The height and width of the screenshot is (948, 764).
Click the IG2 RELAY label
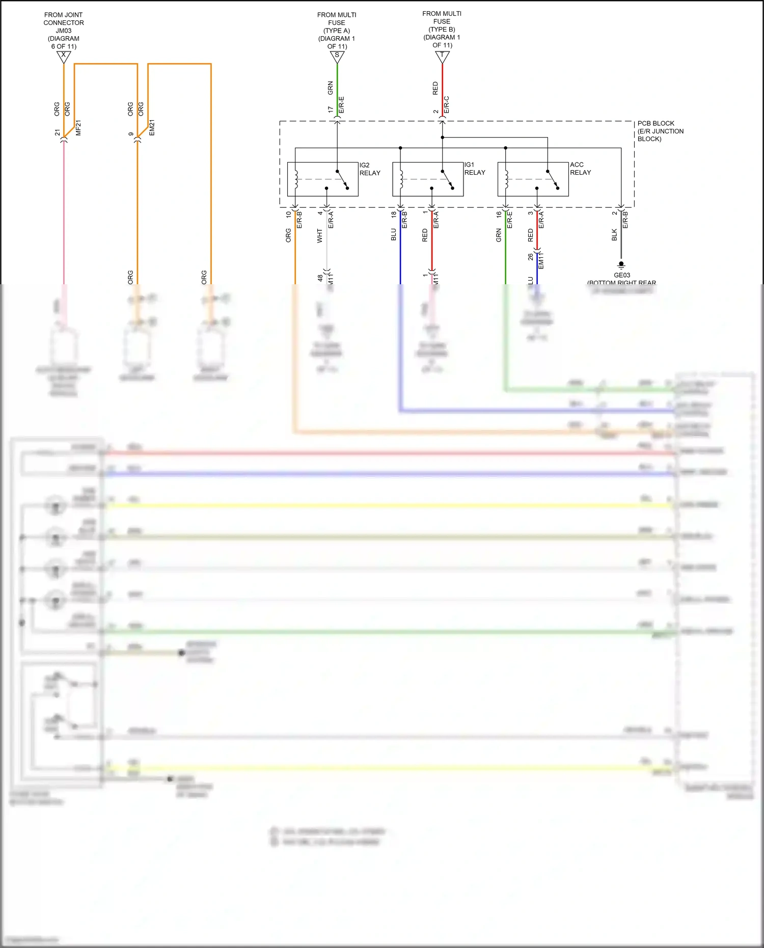(x=370, y=169)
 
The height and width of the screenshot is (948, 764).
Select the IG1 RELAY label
(x=475, y=169)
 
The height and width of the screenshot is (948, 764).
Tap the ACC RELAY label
(x=580, y=169)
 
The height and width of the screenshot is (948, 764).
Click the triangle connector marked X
(x=64, y=57)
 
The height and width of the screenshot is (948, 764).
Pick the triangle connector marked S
(x=337, y=57)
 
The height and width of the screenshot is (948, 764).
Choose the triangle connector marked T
(x=442, y=56)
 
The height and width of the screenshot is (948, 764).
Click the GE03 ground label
(x=622, y=275)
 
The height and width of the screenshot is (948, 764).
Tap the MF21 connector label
(x=78, y=128)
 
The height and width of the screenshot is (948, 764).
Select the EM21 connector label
(x=152, y=128)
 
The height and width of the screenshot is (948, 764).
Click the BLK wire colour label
(x=614, y=235)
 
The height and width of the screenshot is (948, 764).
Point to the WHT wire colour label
(x=320, y=235)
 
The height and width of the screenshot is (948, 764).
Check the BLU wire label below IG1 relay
(x=394, y=235)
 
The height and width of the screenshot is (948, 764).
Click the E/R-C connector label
(x=447, y=104)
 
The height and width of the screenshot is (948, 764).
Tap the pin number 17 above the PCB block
(x=331, y=110)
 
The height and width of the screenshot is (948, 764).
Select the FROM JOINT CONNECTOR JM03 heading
(x=64, y=31)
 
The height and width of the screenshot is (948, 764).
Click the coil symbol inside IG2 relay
(x=296, y=179)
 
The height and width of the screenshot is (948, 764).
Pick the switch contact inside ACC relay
(x=552, y=179)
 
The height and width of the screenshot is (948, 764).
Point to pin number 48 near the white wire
(x=320, y=278)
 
